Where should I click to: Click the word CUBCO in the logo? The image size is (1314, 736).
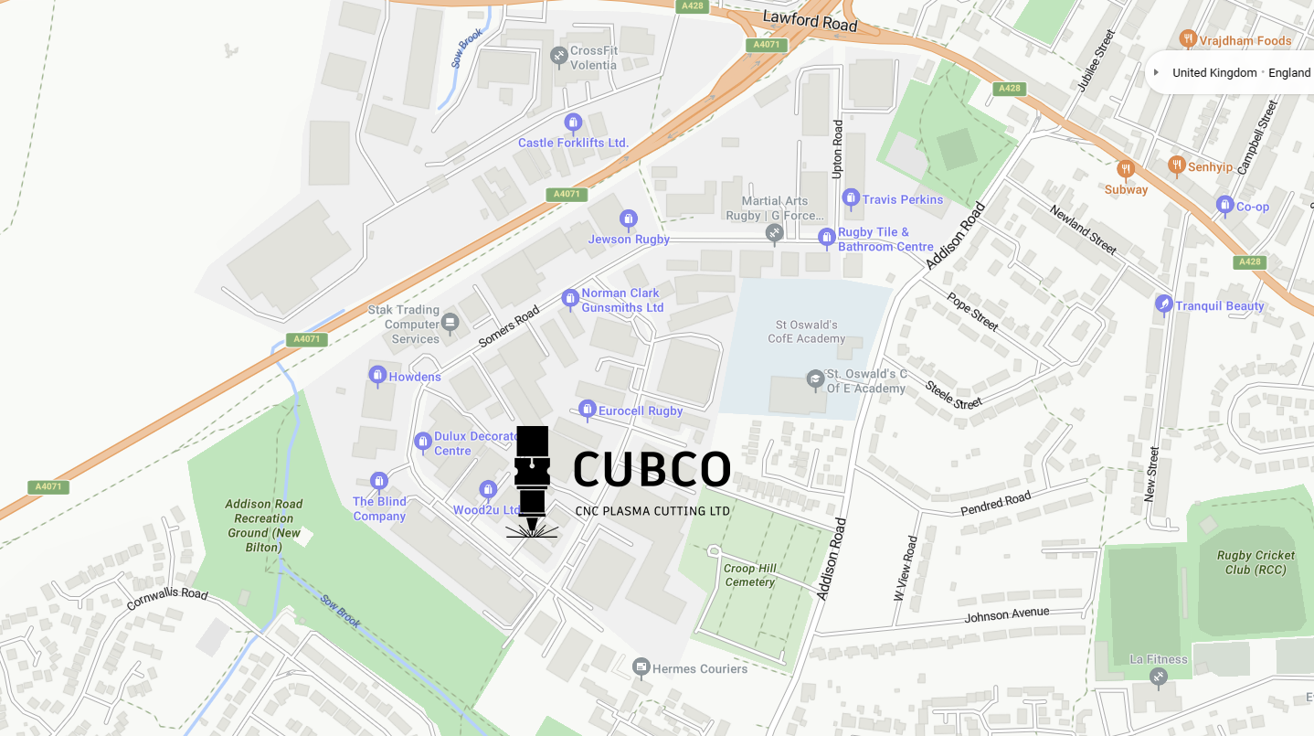click(x=652, y=469)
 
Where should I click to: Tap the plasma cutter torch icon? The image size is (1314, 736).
click(x=532, y=480)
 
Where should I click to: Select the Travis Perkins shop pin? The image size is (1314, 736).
click(x=851, y=198)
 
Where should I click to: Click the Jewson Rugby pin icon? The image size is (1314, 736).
click(x=628, y=219)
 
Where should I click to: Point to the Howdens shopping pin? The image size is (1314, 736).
click(x=377, y=376)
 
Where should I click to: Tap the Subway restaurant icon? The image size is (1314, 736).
click(x=1126, y=169)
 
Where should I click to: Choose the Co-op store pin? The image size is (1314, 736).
click(x=1224, y=206)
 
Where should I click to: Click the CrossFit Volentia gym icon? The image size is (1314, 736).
click(x=558, y=57)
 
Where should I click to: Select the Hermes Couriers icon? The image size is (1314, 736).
click(x=641, y=667)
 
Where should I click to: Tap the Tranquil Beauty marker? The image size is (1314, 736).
click(x=1163, y=304)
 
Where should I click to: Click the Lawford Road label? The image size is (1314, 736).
click(x=810, y=21)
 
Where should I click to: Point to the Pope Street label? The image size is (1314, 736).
click(x=972, y=311)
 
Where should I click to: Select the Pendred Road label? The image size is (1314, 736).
click(x=995, y=503)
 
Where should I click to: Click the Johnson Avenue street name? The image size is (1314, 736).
click(x=1007, y=615)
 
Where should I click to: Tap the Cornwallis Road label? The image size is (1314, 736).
click(x=167, y=599)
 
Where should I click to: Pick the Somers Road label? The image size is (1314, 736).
click(x=509, y=327)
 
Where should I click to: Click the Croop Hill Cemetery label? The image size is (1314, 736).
click(x=749, y=575)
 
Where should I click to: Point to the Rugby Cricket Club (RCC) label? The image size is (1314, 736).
click(x=1256, y=562)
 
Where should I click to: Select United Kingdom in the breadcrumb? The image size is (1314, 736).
click(x=1214, y=72)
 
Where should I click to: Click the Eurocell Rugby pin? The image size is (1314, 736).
click(x=588, y=409)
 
